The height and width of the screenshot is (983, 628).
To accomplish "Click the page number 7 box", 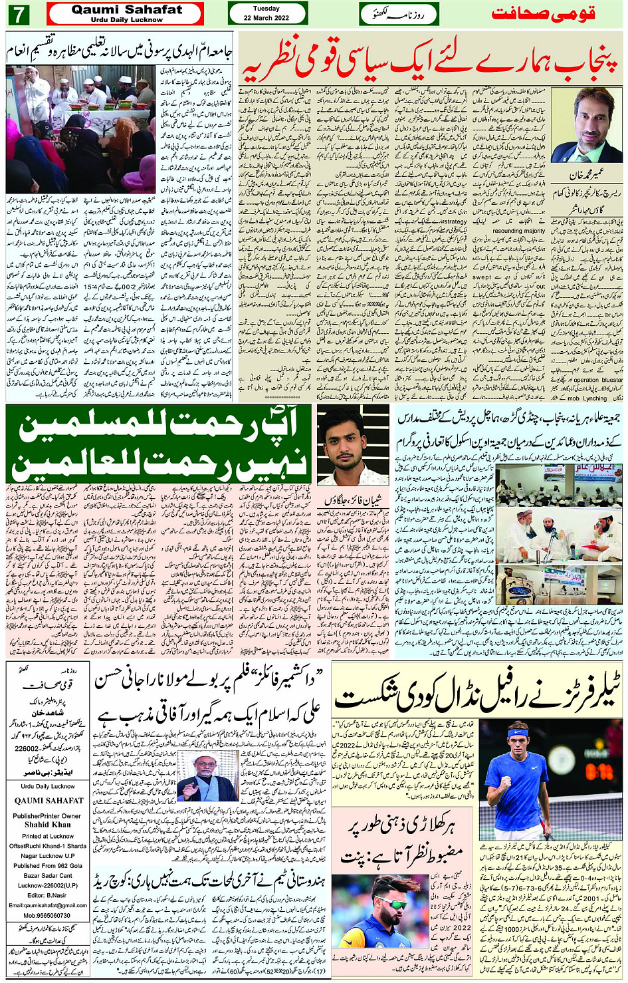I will point(19,14).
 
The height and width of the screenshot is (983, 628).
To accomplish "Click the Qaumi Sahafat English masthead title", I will point(126,10).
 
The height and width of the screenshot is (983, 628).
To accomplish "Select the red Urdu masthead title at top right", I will point(543,14).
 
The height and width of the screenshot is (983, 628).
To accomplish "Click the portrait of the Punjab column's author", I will point(587,125).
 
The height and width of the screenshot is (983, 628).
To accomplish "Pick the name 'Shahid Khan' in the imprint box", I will point(47,825).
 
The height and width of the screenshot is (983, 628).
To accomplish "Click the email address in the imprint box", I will point(47,905).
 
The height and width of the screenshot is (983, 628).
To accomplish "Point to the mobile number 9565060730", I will point(47,915).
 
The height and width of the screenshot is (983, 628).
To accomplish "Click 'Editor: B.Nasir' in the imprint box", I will point(47,895).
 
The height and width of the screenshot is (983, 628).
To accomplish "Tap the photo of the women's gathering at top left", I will point(80,130).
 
